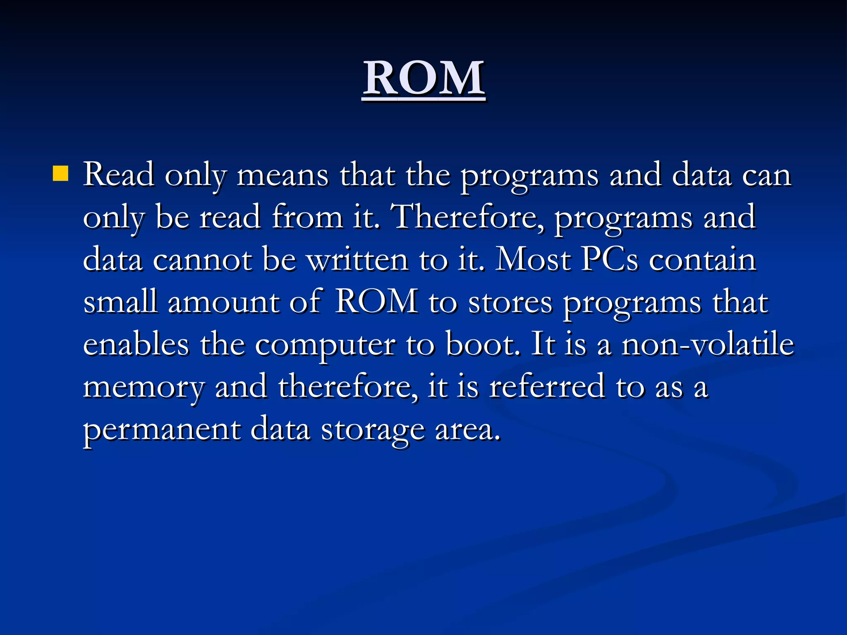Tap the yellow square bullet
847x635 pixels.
click(x=60, y=174)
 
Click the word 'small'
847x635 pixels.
click(x=120, y=303)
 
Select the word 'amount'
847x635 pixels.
click(x=223, y=303)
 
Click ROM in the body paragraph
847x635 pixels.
click(x=376, y=303)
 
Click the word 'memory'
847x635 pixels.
click(x=144, y=389)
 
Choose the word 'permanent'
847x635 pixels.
click(x=162, y=431)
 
